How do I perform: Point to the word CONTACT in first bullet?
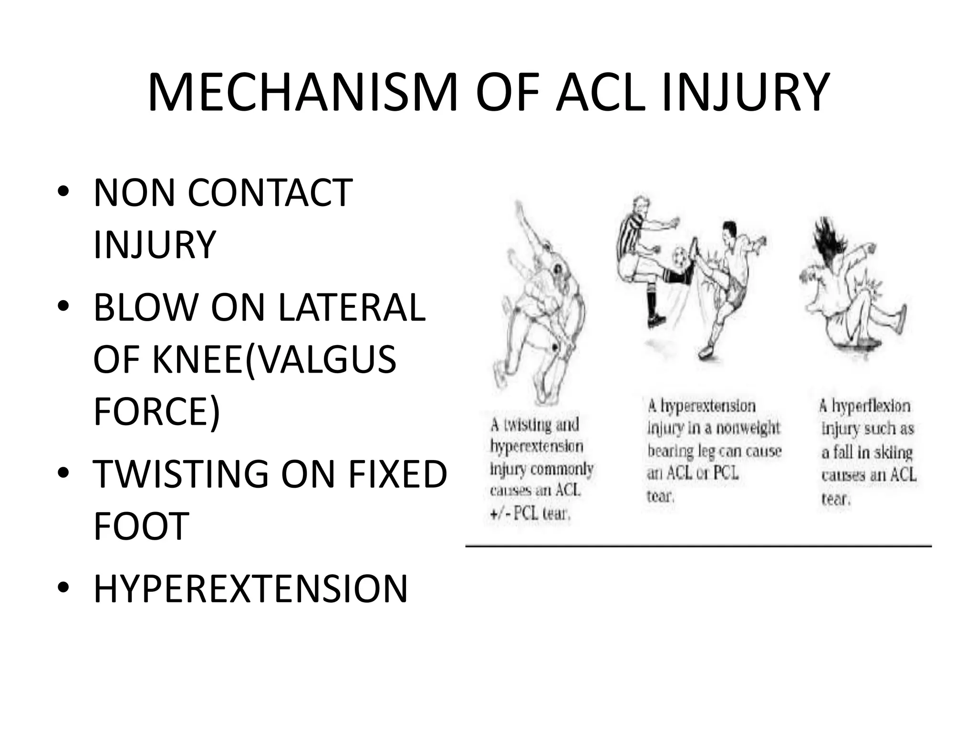click(x=270, y=193)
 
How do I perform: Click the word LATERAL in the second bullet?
click(x=352, y=308)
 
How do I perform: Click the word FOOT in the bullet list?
click(x=141, y=526)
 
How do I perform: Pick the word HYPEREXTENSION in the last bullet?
click(x=250, y=589)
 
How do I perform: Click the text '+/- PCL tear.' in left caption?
click(x=530, y=514)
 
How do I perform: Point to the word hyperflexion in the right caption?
click(x=871, y=406)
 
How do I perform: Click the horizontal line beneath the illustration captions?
click(x=698, y=545)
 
